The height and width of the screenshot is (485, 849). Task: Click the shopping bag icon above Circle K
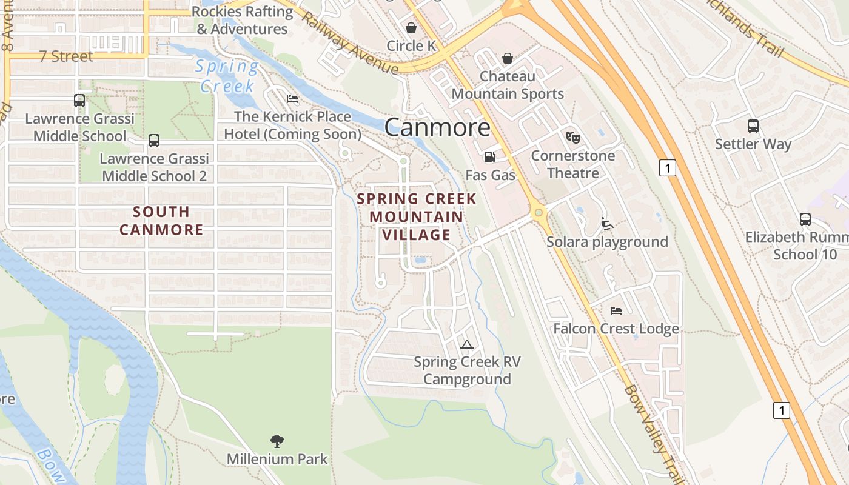coord(411,28)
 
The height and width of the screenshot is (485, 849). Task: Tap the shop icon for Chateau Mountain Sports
coord(508,58)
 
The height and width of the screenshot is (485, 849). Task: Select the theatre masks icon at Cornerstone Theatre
coord(572,138)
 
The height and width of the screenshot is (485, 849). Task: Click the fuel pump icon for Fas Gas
coord(489,157)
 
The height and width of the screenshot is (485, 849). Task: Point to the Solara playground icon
coord(606,224)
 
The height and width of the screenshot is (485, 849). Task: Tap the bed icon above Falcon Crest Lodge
coord(616,311)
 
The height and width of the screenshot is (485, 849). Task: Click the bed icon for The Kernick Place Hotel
coord(292,99)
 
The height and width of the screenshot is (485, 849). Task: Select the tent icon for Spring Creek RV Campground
coord(466,344)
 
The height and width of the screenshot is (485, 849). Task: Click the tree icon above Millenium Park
coord(277,441)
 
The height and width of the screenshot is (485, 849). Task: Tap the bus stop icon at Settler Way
coord(753,126)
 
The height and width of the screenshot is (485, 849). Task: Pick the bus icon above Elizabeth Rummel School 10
coord(805,219)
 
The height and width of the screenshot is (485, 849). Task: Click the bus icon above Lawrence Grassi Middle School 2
coord(154,141)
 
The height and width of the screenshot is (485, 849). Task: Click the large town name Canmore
coord(437,127)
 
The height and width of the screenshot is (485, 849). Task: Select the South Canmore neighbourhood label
coord(161,221)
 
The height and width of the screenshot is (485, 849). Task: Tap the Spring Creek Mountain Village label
coord(417,216)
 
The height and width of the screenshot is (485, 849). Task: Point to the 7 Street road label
coord(66,56)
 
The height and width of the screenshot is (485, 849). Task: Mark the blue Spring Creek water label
coord(227,76)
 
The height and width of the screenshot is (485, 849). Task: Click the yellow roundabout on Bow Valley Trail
coord(538,213)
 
